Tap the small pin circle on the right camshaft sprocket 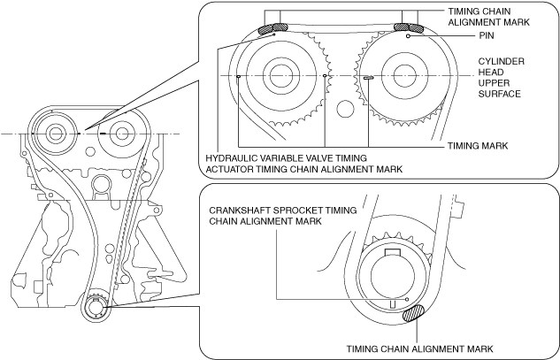tap(408, 37)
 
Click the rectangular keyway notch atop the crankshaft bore tap(390, 256)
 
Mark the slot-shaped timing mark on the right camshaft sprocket tap(368, 77)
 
